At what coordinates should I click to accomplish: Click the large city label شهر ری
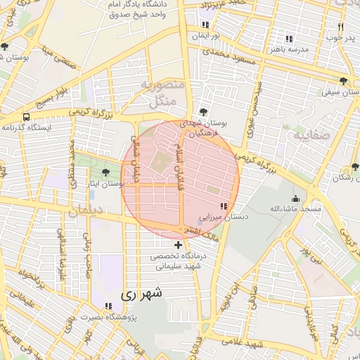tap(141, 294)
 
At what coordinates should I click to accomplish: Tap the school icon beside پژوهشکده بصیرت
tap(108, 306)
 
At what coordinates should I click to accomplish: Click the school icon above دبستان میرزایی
tap(224, 206)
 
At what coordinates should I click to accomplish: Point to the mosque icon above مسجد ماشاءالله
tap(295, 198)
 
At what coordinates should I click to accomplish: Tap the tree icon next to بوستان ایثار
tap(105, 172)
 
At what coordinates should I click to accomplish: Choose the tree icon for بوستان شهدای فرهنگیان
tap(203, 112)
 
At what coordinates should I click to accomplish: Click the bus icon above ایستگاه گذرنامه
tap(26, 117)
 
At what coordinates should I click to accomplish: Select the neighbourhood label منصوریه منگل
tap(162, 94)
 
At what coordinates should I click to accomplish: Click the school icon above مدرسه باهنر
tap(288, 39)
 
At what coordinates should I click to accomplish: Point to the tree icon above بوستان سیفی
tap(343, 81)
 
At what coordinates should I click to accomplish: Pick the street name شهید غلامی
tap(243, 342)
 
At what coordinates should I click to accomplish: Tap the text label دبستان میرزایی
tap(224, 218)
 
